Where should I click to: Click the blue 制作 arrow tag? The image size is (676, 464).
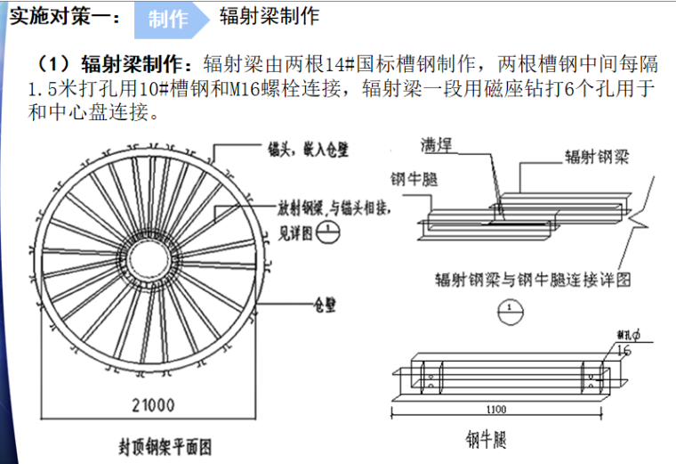[x=169, y=20]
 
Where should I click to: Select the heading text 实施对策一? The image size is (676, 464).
[x=60, y=17]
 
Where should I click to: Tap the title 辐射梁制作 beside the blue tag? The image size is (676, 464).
[x=269, y=16]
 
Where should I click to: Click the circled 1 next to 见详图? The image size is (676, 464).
[x=328, y=227]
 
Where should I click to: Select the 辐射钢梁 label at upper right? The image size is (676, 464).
[x=597, y=157]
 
